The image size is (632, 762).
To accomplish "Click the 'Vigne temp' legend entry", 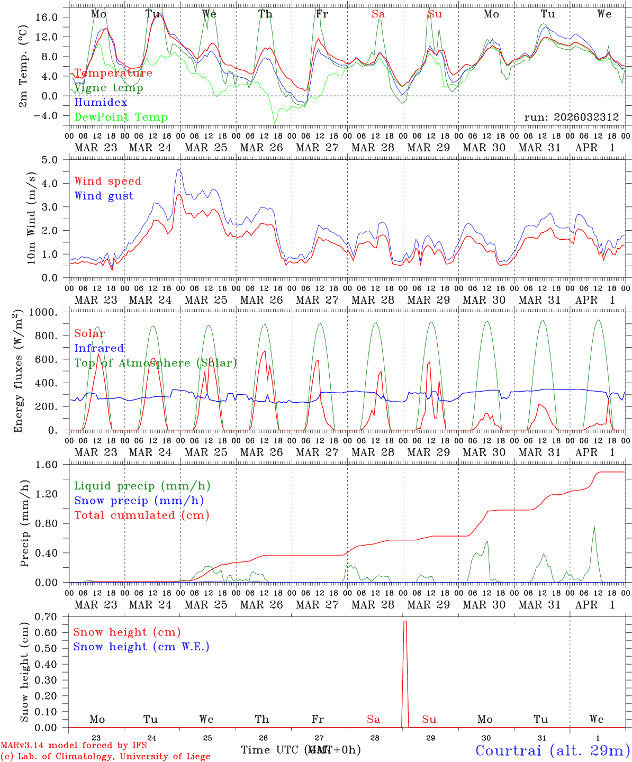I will (x=109, y=88).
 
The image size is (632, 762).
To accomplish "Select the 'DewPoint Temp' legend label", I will (x=121, y=117).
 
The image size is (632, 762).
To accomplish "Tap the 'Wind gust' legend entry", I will (x=104, y=196).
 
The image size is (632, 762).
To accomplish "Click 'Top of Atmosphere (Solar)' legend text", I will (x=156, y=363).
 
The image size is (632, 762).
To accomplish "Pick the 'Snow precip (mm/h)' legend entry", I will (x=139, y=501).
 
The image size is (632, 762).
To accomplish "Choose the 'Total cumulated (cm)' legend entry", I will (x=141, y=515).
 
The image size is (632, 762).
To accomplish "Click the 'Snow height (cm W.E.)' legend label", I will (x=141, y=647).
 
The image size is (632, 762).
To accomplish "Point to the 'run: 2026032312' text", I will (x=571, y=117).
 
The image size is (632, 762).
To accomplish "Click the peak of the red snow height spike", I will (x=405, y=621).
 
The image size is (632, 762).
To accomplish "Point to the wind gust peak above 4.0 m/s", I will (x=180, y=169).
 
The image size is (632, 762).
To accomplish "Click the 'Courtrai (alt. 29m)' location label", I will (x=552, y=750).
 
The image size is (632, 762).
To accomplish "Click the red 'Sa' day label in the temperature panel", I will (x=378, y=14).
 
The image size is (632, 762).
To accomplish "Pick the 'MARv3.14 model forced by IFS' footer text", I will (x=74, y=746).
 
